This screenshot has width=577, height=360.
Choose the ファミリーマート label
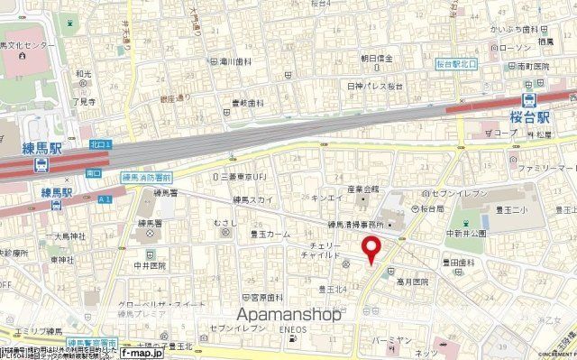pos(547,169)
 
